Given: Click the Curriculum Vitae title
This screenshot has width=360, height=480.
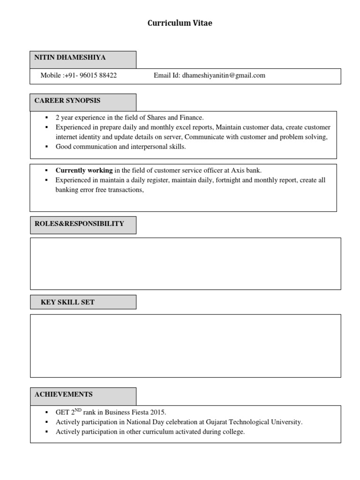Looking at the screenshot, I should point(180,23).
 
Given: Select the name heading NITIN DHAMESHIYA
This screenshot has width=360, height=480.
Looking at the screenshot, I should point(70,58).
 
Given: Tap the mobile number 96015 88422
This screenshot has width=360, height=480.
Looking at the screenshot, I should point(98,75).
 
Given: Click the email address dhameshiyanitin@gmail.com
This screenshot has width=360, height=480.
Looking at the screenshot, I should point(224,75).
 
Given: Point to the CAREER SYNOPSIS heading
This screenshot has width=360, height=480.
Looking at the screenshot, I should point(67,101).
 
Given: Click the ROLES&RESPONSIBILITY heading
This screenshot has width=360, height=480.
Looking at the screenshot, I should point(79,224).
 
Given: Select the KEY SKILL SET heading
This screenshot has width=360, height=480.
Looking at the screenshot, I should point(67,302).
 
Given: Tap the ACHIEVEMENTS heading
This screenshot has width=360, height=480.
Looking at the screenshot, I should point(63,394).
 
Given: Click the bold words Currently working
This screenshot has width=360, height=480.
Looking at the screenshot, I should point(84,171).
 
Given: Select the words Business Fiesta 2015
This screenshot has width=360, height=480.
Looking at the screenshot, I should point(135,412).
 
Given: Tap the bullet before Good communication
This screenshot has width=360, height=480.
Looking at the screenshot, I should point(47,147).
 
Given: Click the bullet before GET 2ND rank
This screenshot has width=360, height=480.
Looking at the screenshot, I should point(47,412).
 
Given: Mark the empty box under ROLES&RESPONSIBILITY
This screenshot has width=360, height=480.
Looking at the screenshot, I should point(185,263).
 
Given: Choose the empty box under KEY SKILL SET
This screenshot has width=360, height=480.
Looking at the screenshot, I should point(185,345).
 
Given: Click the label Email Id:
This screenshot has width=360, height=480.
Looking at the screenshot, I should point(167,75).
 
